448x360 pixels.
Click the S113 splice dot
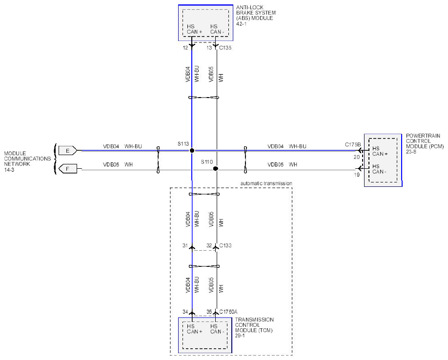192,150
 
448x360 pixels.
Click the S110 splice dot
216,169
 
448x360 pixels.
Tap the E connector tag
68,150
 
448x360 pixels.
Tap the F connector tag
68,169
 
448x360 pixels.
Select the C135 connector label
225,48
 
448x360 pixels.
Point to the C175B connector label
353,144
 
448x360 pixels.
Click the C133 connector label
225,245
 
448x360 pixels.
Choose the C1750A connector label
228,312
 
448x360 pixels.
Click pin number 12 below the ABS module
185,48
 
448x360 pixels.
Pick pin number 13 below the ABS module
209,48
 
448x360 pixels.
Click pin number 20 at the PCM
357,157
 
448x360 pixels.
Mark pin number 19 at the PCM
357,175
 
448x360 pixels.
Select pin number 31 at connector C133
185,245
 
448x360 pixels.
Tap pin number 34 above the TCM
185,312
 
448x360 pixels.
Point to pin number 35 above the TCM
209,312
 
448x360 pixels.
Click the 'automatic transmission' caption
266,183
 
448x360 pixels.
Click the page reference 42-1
241,24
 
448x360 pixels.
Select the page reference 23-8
411,152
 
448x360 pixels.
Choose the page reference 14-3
9,170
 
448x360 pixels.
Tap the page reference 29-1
240,336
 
